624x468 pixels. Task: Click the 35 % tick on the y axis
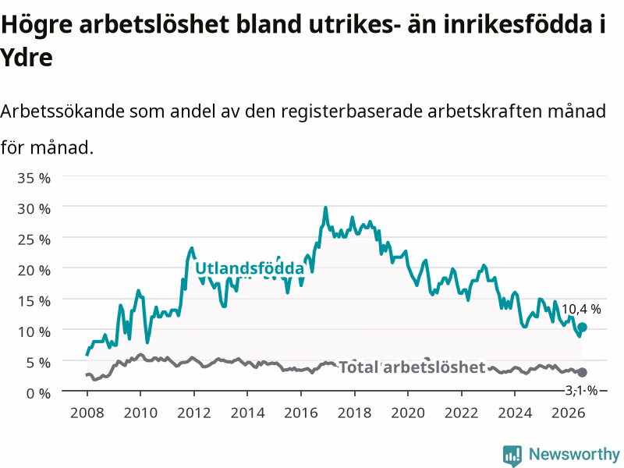tap(34, 178)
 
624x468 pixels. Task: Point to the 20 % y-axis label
tap(34, 271)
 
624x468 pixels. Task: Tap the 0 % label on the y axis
tap(38, 394)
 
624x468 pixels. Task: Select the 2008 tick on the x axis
tap(87, 413)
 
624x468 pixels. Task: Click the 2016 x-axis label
tap(301, 413)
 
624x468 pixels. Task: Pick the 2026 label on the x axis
tap(569, 413)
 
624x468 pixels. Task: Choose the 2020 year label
tap(408, 413)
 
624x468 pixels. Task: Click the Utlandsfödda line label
tap(250, 268)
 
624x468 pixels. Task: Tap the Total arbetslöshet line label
tap(412, 367)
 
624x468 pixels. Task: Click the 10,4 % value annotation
tap(581, 309)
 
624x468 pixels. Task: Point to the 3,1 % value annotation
tap(581, 391)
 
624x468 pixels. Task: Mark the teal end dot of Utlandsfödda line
tap(582, 327)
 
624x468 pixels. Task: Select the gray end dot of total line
tap(582, 372)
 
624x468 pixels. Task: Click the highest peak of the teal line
tap(325, 207)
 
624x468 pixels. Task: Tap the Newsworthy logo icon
tap(512, 455)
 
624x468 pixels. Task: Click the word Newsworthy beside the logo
tap(574, 454)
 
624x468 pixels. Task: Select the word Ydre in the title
tap(27, 58)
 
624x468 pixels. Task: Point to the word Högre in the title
tap(37, 25)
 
